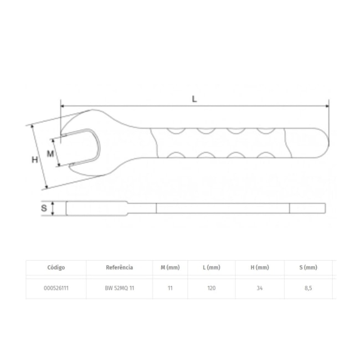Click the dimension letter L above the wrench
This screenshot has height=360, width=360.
194,99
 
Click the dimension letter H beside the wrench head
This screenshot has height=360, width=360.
34,160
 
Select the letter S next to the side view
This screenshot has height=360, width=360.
44,208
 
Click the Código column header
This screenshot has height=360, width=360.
56,267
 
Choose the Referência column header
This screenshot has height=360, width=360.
119,267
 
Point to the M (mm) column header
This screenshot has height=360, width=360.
171,267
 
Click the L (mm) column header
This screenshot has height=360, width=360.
212,267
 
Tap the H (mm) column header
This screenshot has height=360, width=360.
260,267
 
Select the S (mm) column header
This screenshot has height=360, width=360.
308,267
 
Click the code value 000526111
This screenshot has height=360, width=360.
56,289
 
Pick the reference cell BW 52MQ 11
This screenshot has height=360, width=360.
119,289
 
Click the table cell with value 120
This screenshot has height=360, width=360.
212,289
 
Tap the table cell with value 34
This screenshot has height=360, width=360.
260,289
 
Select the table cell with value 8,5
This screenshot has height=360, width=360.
308,289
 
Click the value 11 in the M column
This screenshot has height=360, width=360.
171,289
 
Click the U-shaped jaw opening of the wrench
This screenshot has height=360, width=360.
83,147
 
